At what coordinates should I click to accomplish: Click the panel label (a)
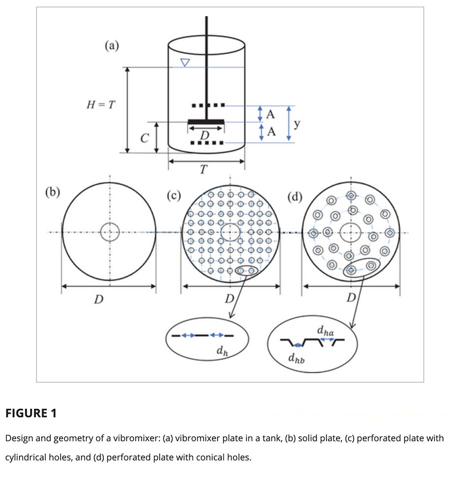pyautogui.click(x=112, y=46)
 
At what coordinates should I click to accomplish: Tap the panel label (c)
pyautogui.click(x=174, y=196)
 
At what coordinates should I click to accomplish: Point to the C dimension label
pyautogui.click(x=144, y=139)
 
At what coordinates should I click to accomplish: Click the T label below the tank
pyautogui.click(x=203, y=170)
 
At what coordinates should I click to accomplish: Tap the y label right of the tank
pyautogui.click(x=297, y=123)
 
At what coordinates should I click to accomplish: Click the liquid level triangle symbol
pyautogui.click(x=185, y=63)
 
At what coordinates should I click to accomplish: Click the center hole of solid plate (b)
pyautogui.click(x=110, y=232)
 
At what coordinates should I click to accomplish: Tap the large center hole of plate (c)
pyautogui.click(x=230, y=232)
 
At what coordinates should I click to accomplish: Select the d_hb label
pyautogui.click(x=297, y=359)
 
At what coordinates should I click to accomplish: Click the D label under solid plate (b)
pyautogui.click(x=98, y=299)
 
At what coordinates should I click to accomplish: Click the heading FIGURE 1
pyautogui.click(x=31, y=413)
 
